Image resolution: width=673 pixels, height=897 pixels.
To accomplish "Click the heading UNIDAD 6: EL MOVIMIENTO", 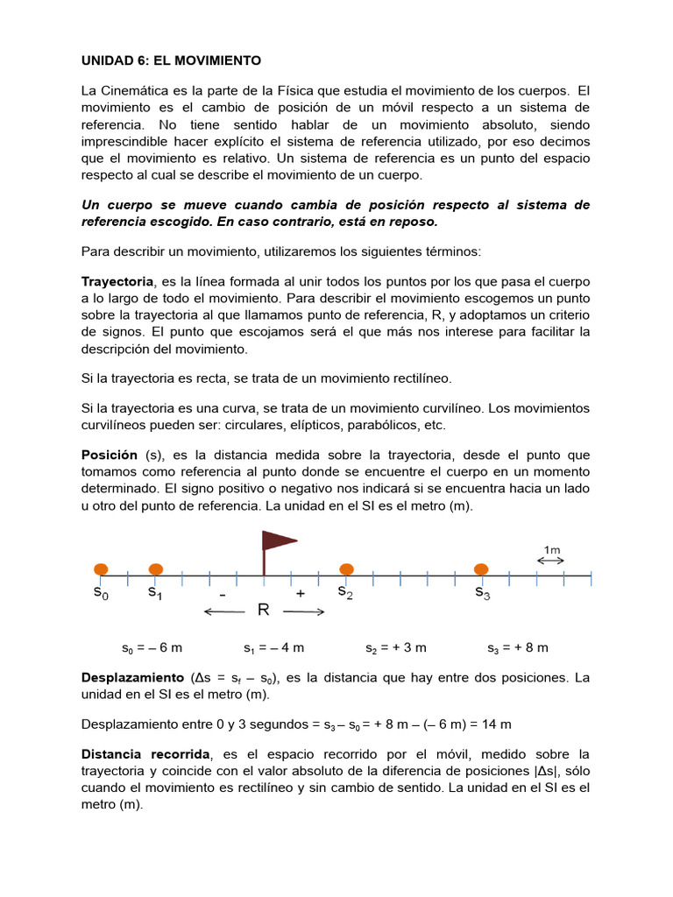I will [x=171, y=60].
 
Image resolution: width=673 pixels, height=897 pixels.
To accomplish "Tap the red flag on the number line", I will [x=279, y=543].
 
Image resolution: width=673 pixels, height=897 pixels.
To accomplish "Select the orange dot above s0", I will [x=102, y=569].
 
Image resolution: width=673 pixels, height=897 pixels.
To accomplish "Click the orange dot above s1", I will [x=156, y=569].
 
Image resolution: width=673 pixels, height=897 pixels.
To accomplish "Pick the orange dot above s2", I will [x=346, y=569].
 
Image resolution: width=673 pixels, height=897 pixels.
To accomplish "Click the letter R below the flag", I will [x=262, y=610].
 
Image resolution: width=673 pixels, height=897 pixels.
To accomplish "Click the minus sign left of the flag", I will [x=223, y=593].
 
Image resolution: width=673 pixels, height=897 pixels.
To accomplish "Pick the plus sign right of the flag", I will [x=301, y=593].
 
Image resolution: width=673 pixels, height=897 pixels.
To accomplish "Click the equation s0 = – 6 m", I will [x=152, y=648].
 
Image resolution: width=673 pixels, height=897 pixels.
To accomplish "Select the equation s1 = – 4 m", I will [x=273, y=648].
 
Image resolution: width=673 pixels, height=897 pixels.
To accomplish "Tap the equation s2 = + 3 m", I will [x=395, y=648].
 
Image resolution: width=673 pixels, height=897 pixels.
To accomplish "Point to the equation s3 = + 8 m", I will [x=517, y=648].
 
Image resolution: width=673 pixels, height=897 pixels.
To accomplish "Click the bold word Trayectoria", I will [x=117, y=282].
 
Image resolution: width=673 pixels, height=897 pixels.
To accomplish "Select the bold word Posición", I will [x=110, y=455].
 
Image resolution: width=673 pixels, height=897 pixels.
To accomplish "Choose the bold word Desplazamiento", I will [x=131, y=678].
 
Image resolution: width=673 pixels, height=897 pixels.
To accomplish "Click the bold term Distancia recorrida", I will [x=145, y=754].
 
